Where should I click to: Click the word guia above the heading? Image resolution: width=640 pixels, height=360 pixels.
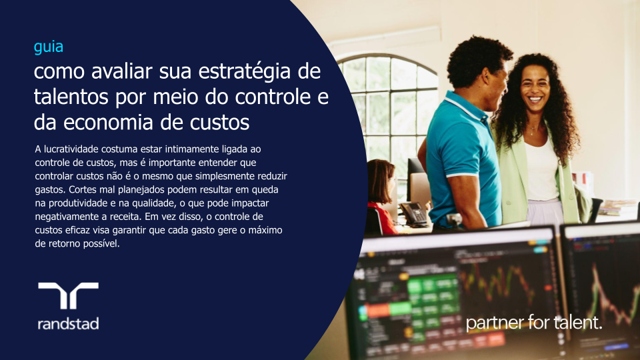(x=49, y=47)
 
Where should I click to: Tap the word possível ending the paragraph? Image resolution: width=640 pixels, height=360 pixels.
(x=101, y=243)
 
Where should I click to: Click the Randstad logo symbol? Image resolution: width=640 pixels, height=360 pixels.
(x=68, y=295)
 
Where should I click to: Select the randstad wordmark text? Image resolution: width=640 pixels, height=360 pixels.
(x=68, y=324)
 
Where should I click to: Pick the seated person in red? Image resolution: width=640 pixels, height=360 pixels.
(x=381, y=200)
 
